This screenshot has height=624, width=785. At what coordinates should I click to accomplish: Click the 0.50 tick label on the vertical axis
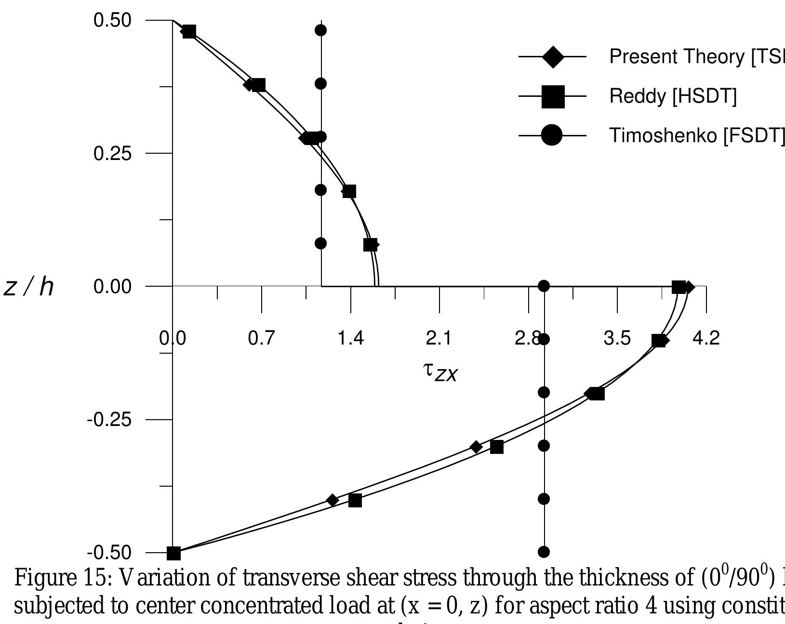[x=112, y=21]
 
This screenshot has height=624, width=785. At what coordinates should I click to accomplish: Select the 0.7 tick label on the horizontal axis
[x=261, y=338]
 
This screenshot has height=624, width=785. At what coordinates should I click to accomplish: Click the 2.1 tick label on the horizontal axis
[x=439, y=338]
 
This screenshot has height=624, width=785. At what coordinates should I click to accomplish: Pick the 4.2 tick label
[x=705, y=338]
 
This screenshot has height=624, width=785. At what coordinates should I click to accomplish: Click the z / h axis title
[x=29, y=288]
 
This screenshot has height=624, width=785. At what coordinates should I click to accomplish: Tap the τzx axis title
[x=439, y=372]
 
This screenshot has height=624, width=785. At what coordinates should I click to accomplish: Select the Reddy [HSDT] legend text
[x=673, y=97]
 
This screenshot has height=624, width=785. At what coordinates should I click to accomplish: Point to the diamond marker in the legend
[x=552, y=57]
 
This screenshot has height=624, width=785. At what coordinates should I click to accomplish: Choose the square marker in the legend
[x=552, y=97]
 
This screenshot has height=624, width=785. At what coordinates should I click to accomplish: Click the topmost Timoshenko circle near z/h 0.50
[x=321, y=30]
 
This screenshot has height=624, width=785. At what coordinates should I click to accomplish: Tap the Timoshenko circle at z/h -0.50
[x=544, y=552]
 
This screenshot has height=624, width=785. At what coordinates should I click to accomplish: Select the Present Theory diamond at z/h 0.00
[x=689, y=288]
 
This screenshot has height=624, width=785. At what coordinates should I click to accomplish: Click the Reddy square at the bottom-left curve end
[x=173, y=553]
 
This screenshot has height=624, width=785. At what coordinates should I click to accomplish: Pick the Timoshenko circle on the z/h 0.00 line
[x=544, y=286]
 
